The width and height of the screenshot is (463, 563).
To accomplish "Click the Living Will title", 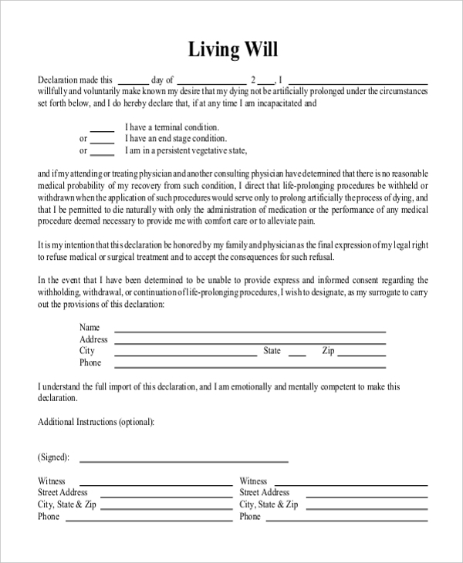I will tap(232, 50).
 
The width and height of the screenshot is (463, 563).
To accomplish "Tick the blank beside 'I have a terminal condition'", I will tap(103, 129).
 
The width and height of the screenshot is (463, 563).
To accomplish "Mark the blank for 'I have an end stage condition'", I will tap(103, 140).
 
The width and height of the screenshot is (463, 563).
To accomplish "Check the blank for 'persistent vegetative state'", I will tap(103, 152).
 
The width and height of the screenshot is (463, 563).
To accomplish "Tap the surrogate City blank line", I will tap(186, 354).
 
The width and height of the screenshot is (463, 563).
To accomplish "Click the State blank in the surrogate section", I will tap(296, 354).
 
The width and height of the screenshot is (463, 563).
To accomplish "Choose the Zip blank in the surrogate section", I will tap(363, 354).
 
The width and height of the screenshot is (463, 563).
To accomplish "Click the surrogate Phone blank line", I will tap(250, 366).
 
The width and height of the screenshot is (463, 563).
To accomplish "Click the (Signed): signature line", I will tap(184, 460).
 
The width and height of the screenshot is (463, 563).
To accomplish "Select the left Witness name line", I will tap(150, 484).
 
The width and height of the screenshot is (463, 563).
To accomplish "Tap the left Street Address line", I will tap(161, 495).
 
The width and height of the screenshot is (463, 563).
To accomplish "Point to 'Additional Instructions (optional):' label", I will tap(96, 423).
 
